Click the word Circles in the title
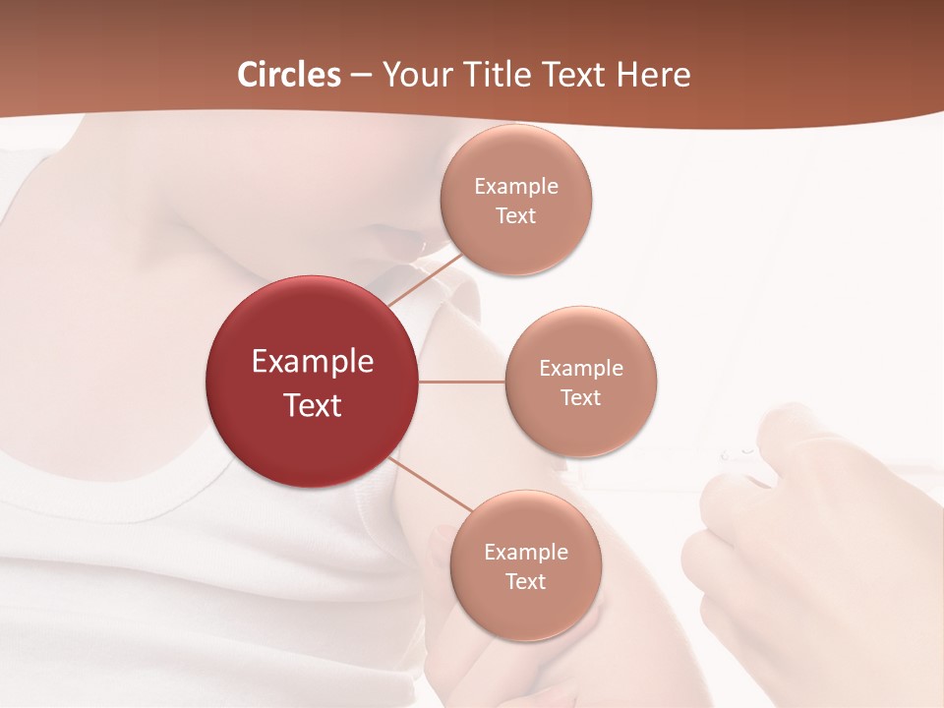point(288,75)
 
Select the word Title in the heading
point(498,75)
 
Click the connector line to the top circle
point(426,278)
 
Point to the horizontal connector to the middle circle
point(462,382)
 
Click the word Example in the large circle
point(313,362)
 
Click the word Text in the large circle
point(313,405)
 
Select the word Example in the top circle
point(516,186)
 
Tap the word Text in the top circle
point(515,215)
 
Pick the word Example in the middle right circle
point(581,368)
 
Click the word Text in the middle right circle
point(580,397)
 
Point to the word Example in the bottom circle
point(526,552)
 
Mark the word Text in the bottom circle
point(525,581)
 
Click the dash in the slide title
point(361,76)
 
